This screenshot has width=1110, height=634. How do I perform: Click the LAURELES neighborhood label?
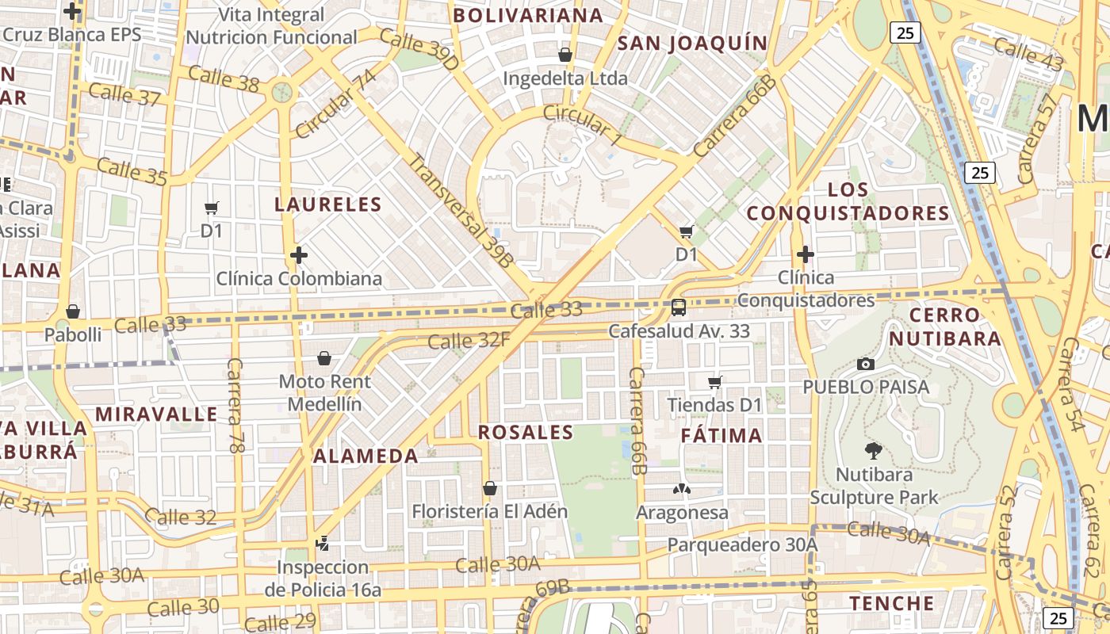click(x=328, y=204)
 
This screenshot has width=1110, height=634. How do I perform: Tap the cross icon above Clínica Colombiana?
click(x=299, y=255)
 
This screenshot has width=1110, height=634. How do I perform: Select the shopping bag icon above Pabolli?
click(x=73, y=311)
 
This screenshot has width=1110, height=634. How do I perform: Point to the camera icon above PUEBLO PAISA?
click(x=866, y=364)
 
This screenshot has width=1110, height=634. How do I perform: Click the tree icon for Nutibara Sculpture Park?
click(x=873, y=451)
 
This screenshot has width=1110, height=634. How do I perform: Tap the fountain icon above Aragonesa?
click(x=682, y=489)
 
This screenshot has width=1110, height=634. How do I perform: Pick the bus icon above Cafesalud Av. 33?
click(x=679, y=307)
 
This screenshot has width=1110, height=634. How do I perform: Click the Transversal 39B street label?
click(x=461, y=209)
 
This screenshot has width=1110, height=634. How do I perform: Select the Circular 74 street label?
click(x=335, y=104)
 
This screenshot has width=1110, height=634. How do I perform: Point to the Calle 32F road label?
click(x=469, y=342)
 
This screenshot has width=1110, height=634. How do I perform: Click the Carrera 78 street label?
click(x=235, y=405)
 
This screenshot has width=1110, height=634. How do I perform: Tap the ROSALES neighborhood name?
click(x=526, y=433)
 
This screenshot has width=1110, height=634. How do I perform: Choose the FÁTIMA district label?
click(x=721, y=435)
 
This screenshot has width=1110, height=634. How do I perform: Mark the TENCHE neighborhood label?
click(x=892, y=603)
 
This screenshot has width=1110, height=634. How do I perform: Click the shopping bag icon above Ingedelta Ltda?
click(x=565, y=55)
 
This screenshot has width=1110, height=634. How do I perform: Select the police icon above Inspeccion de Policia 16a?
click(x=322, y=544)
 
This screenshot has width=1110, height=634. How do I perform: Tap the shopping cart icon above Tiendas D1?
click(x=714, y=383)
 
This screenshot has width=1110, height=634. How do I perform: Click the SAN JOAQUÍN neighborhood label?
click(x=693, y=44)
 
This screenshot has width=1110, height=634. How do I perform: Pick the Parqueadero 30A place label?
click(x=742, y=545)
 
